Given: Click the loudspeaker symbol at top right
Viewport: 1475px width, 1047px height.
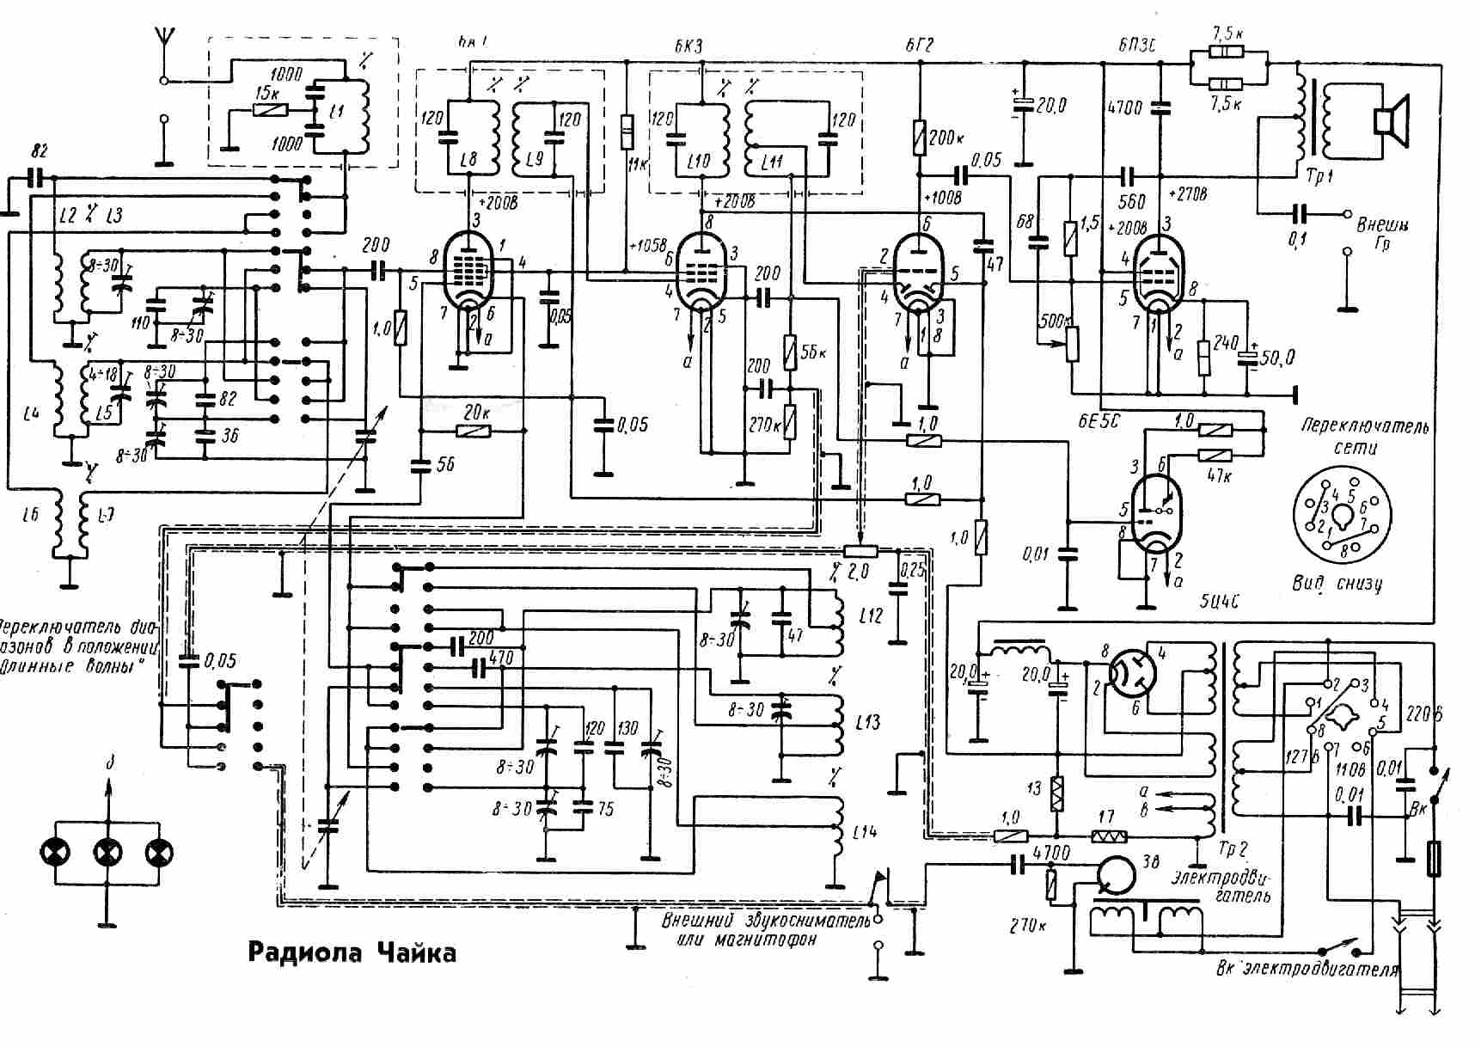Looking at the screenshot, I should tap(1391, 121).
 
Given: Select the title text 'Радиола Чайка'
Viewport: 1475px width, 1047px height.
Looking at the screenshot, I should tap(352, 952).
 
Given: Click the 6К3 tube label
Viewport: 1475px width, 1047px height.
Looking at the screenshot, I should tap(689, 46).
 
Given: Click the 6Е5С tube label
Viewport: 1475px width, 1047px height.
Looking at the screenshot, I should tap(1100, 421).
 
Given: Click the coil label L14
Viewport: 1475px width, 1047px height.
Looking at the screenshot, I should tap(867, 831).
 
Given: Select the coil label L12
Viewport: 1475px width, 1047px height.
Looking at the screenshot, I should tap(870, 615).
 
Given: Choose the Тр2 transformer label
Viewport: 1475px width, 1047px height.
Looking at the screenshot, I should tap(1232, 850).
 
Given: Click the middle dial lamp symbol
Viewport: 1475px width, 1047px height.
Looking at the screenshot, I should tap(107, 852).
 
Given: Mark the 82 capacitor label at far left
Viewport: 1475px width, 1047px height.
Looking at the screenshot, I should tap(38, 152).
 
